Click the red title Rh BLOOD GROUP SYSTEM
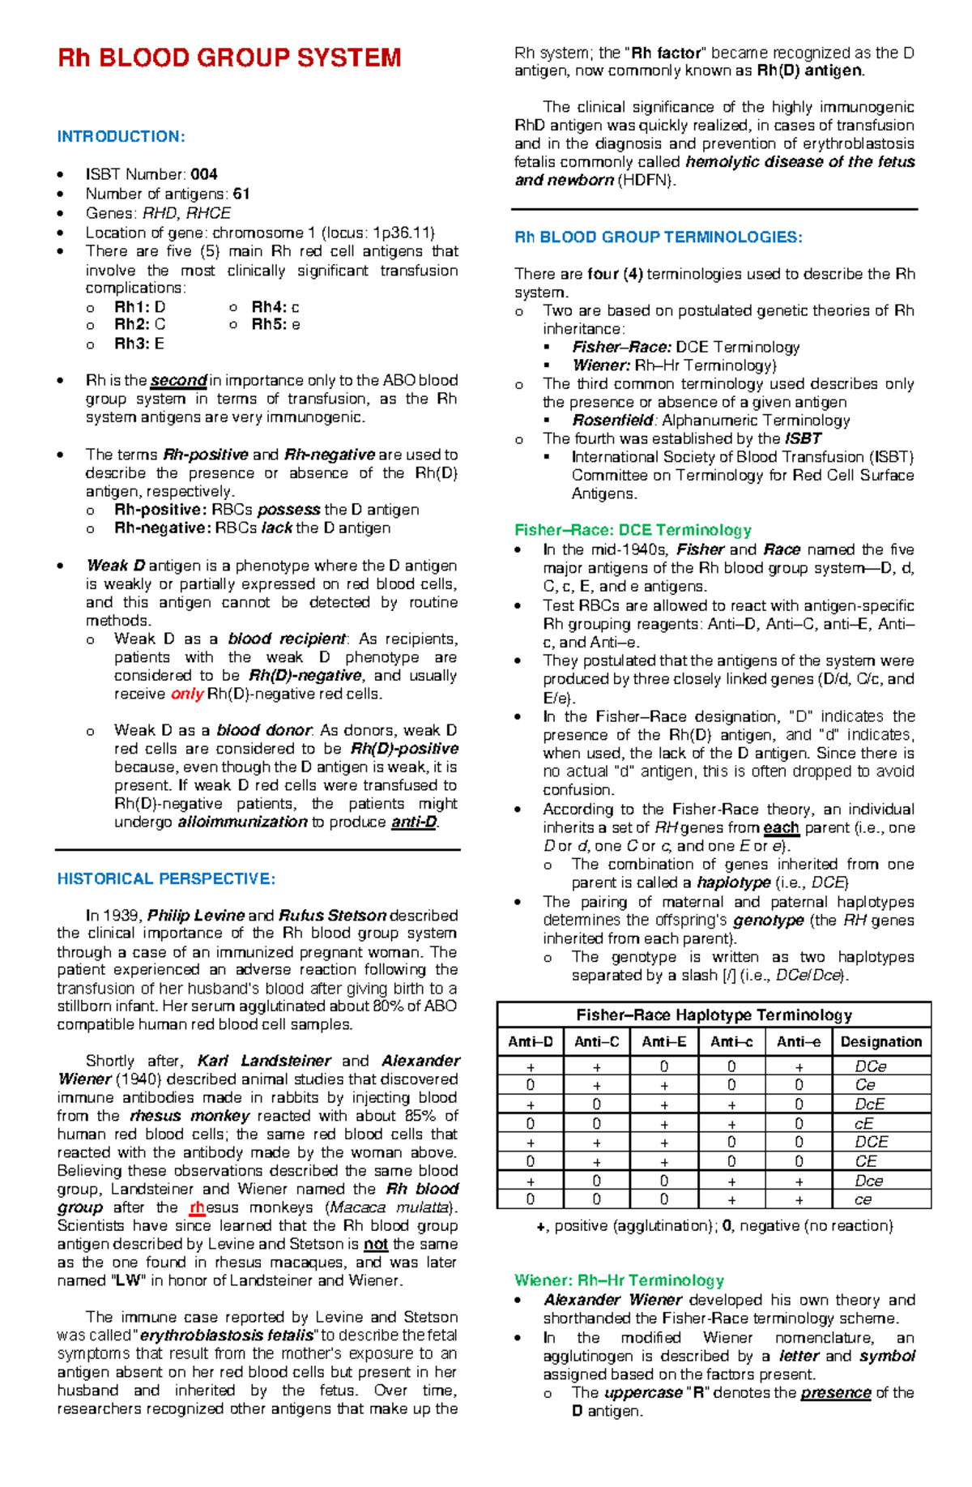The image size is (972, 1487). [x=229, y=58]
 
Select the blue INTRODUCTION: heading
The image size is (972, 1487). [x=121, y=136]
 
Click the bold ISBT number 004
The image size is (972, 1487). [x=204, y=174]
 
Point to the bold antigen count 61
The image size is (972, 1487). [x=241, y=194]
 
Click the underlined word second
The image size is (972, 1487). [x=178, y=380]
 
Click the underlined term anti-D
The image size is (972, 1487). [x=414, y=823]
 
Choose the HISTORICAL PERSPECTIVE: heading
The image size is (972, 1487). [x=166, y=878]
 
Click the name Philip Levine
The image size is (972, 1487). [x=196, y=915]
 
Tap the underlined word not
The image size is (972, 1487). [x=375, y=1244]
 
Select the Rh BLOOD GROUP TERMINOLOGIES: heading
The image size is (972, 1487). [x=659, y=237]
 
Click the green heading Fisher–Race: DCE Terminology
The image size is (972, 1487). [x=633, y=530]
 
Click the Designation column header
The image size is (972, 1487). [x=881, y=1042]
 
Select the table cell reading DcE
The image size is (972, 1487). [x=870, y=1105]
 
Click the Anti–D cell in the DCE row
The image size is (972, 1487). [x=531, y=1143]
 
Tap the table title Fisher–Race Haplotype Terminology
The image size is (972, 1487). [x=714, y=1015]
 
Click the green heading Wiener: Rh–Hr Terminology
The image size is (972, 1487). [x=619, y=1280]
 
